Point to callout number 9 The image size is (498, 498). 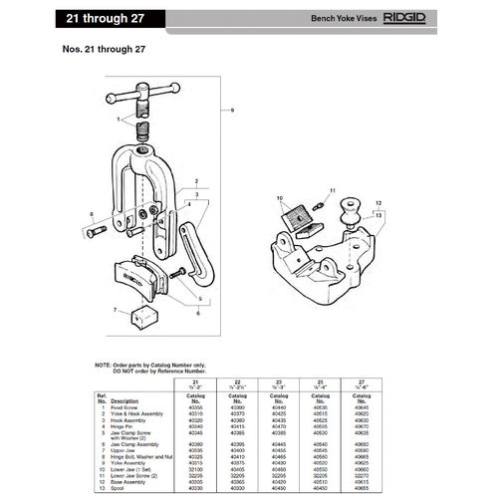233,108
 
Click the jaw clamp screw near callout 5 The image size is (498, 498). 178,273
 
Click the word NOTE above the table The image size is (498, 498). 104,366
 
